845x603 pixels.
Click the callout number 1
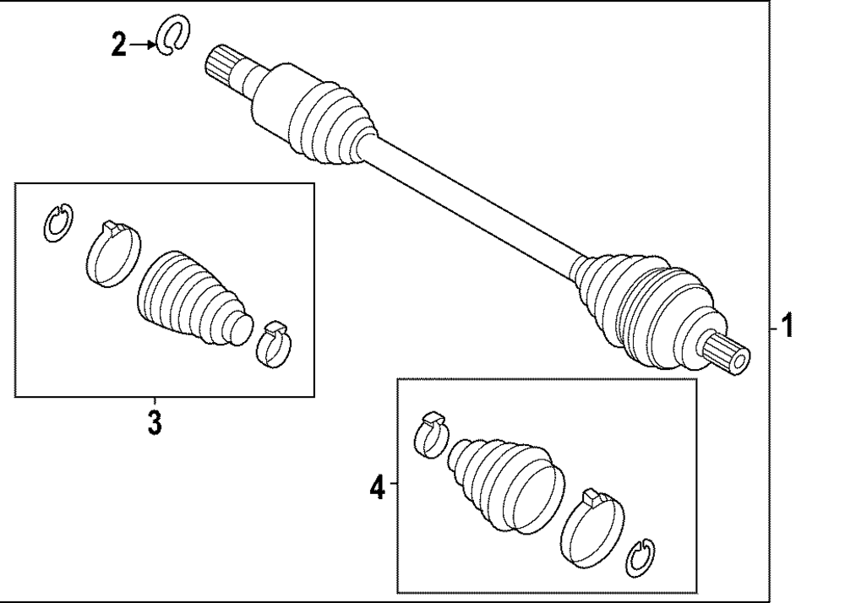[x=787, y=324]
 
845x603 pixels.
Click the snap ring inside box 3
[x=57, y=223]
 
